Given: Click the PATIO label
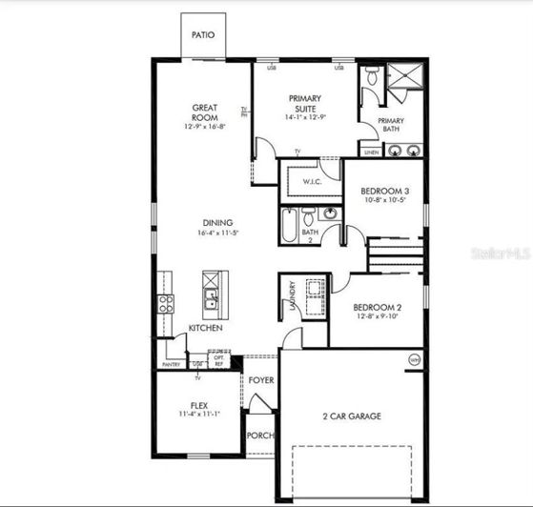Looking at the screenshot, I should click(203, 34).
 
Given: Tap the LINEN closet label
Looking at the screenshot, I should click(369, 151).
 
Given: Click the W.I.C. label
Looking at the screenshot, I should click(311, 181).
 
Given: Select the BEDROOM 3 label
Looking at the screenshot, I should click(383, 190).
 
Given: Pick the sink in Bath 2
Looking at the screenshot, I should click(330, 213).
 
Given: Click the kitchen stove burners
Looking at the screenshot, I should click(166, 304).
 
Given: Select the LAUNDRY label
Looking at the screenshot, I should click(292, 296).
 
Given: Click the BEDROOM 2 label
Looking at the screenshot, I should click(375, 307).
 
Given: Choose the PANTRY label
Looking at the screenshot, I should click(172, 364).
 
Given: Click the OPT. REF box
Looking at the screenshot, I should click(218, 359).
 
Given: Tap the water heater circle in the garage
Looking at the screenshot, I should click(414, 359).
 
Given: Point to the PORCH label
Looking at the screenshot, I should click(260, 436).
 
